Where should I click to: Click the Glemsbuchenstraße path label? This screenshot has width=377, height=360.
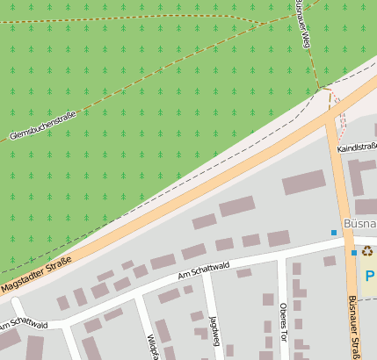click(x=42, y=125)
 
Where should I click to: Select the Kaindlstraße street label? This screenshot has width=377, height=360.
click(x=358, y=148)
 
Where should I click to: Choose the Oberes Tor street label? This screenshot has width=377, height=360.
click(x=283, y=323)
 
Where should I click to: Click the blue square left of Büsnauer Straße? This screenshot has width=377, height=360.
click(x=334, y=232)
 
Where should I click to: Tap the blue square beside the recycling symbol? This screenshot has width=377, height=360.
click(x=354, y=253)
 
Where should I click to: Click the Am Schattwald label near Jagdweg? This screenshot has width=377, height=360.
click(x=203, y=271)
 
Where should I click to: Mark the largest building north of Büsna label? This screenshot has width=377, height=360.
click(x=303, y=184)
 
